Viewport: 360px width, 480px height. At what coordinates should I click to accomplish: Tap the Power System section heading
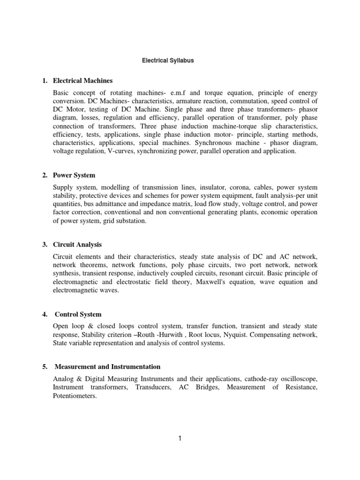point(74,175)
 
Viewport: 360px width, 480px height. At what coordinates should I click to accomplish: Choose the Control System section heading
point(78,314)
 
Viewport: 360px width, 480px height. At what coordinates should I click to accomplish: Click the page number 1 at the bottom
point(180,439)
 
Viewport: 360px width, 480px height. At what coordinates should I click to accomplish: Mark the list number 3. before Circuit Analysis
point(45,245)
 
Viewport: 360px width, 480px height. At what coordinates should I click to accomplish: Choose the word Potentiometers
point(75,396)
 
